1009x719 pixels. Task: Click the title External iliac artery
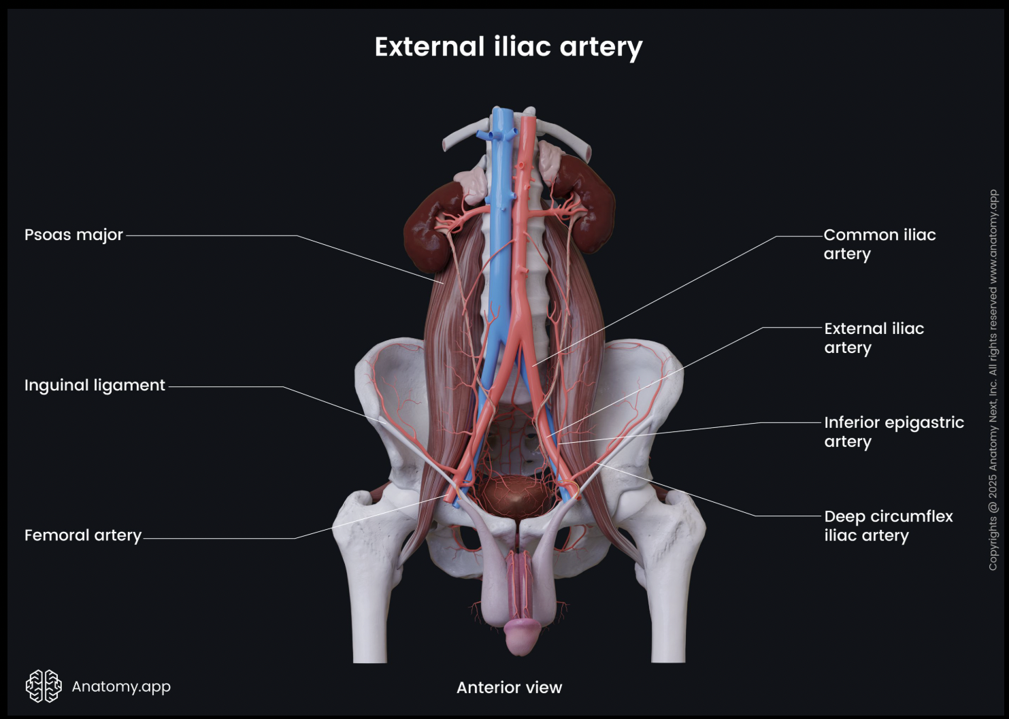[x=508, y=47]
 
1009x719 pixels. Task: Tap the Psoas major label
[x=73, y=235]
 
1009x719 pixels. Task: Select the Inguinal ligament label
[x=95, y=385]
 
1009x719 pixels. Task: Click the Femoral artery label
[x=83, y=535]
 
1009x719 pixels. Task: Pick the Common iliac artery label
[x=879, y=244]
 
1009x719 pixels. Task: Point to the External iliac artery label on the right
[x=874, y=338]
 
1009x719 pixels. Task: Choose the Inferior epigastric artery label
[x=893, y=432]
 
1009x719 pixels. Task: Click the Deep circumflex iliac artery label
[x=888, y=526]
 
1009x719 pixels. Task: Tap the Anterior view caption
[x=509, y=688]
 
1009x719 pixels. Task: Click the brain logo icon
[x=44, y=686]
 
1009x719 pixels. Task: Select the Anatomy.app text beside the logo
[x=121, y=686]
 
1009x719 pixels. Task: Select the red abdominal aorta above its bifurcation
[x=523, y=224]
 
